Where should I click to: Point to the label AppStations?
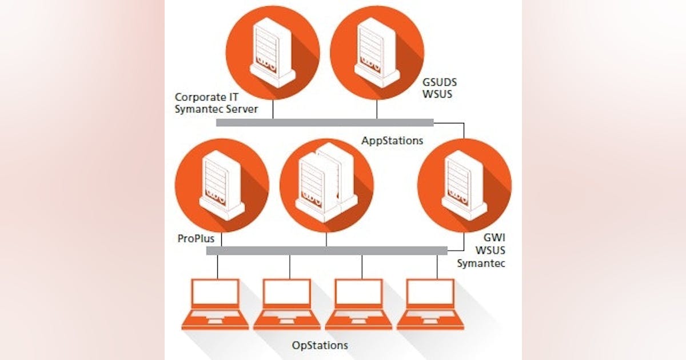[x=393, y=139]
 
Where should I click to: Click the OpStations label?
[x=320, y=345]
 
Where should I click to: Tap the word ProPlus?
[x=195, y=238]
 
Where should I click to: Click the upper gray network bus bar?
[x=325, y=122]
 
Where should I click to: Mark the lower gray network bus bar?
[x=326, y=250]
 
